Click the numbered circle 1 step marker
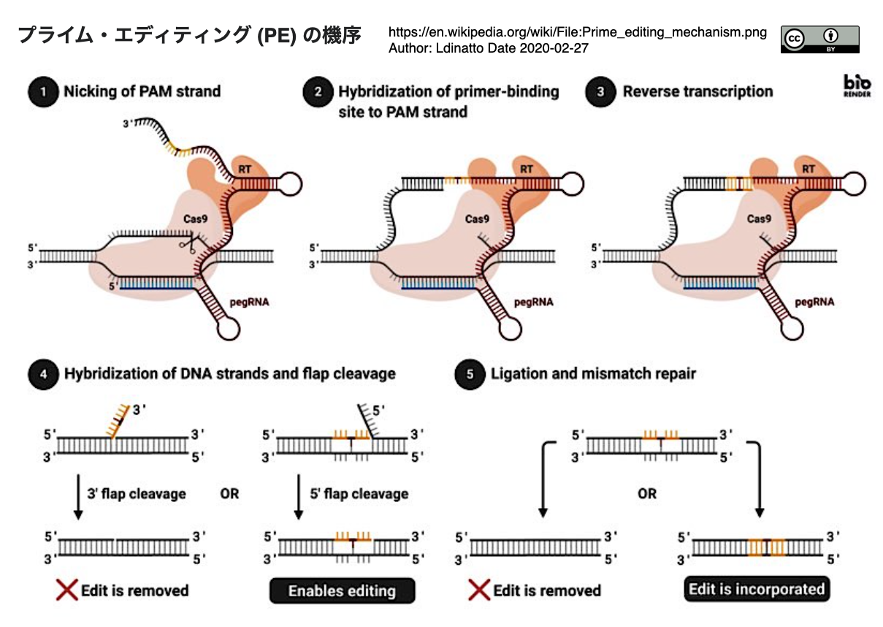(x=43, y=92)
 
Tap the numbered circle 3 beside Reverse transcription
(x=600, y=92)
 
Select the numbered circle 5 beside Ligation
(x=470, y=374)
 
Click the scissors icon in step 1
(x=188, y=243)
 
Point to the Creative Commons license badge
(x=820, y=39)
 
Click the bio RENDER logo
(x=857, y=85)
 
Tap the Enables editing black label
(x=342, y=590)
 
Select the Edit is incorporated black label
(x=757, y=589)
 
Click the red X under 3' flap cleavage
(x=66, y=590)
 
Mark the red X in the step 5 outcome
(x=479, y=590)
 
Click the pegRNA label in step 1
(x=249, y=303)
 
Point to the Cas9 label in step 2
(x=477, y=218)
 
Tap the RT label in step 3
(x=808, y=169)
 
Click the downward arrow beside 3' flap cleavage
(x=78, y=497)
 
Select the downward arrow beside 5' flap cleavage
(x=299, y=497)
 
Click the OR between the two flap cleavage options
(x=229, y=494)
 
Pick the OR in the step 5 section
(x=647, y=494)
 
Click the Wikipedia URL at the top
(x=578, y=32)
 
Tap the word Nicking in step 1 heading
(x=91, y=91)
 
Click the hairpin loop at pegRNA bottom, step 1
(x=229, y=329)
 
